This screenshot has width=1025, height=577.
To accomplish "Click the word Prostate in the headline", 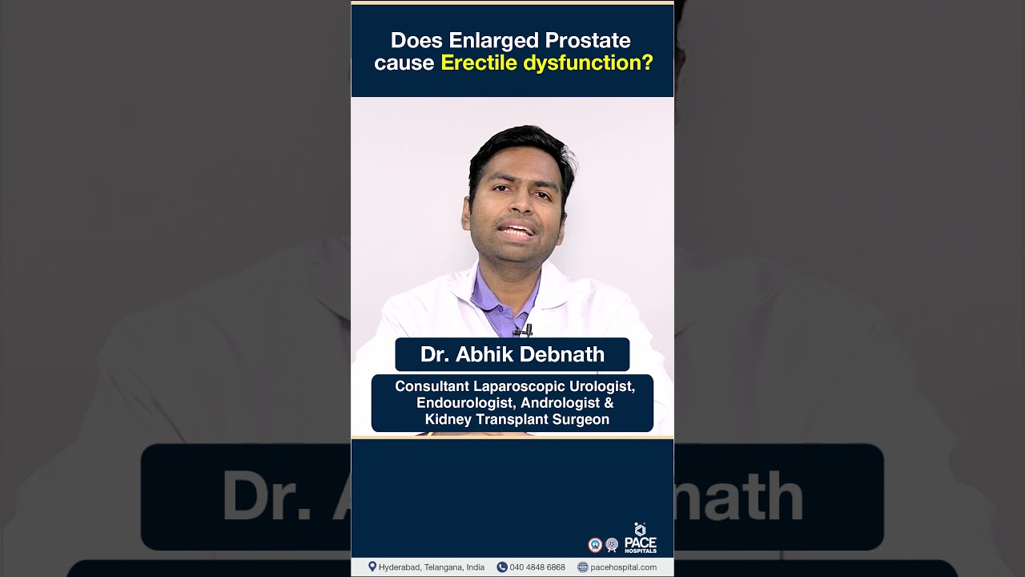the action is tap(588, 40).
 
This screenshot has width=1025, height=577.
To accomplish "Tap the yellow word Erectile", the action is tap(479, 63).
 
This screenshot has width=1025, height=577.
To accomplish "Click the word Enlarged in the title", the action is tap(493, 41).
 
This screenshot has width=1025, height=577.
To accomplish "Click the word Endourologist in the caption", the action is tap(466, 403).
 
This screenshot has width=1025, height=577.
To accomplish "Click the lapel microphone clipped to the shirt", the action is tap(524, 330).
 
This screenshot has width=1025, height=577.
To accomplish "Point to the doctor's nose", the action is tap(518, 204).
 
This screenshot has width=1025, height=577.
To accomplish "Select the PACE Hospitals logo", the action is tap(640, 538).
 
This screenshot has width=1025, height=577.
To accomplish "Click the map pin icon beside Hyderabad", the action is tap(372, 567).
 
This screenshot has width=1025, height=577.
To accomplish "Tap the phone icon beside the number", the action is tap(502, 567).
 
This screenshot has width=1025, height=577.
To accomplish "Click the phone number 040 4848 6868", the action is tap(537, 567).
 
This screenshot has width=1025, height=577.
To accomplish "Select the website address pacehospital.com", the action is tap(623, 567).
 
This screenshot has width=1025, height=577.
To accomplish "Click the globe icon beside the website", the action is tap(582, 567).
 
